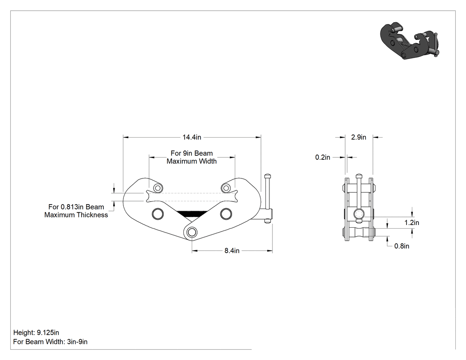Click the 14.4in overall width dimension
click(x=192, y=137)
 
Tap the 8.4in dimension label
click(x=232, y=251)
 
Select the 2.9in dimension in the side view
click(x=359, y=137)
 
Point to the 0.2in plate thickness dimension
click(x=323, y=157)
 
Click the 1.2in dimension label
click(x=411, y=222)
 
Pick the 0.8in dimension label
click(x=402, y=246)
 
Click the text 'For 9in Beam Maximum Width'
click(x=192, y=157)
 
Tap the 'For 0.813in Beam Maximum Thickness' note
click(x=76, y=211)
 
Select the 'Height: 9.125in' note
click(x=36, y=332)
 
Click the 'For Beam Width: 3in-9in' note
click(x=50, y=341)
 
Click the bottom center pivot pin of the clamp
click(x=192, y=232)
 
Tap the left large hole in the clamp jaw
click(x=158, y=214)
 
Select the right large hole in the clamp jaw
click(x=226, y=214)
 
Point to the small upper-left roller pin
click(x=158, y=188)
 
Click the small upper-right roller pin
click(x=226, y=188)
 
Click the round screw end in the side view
click(x=359, y=214)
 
